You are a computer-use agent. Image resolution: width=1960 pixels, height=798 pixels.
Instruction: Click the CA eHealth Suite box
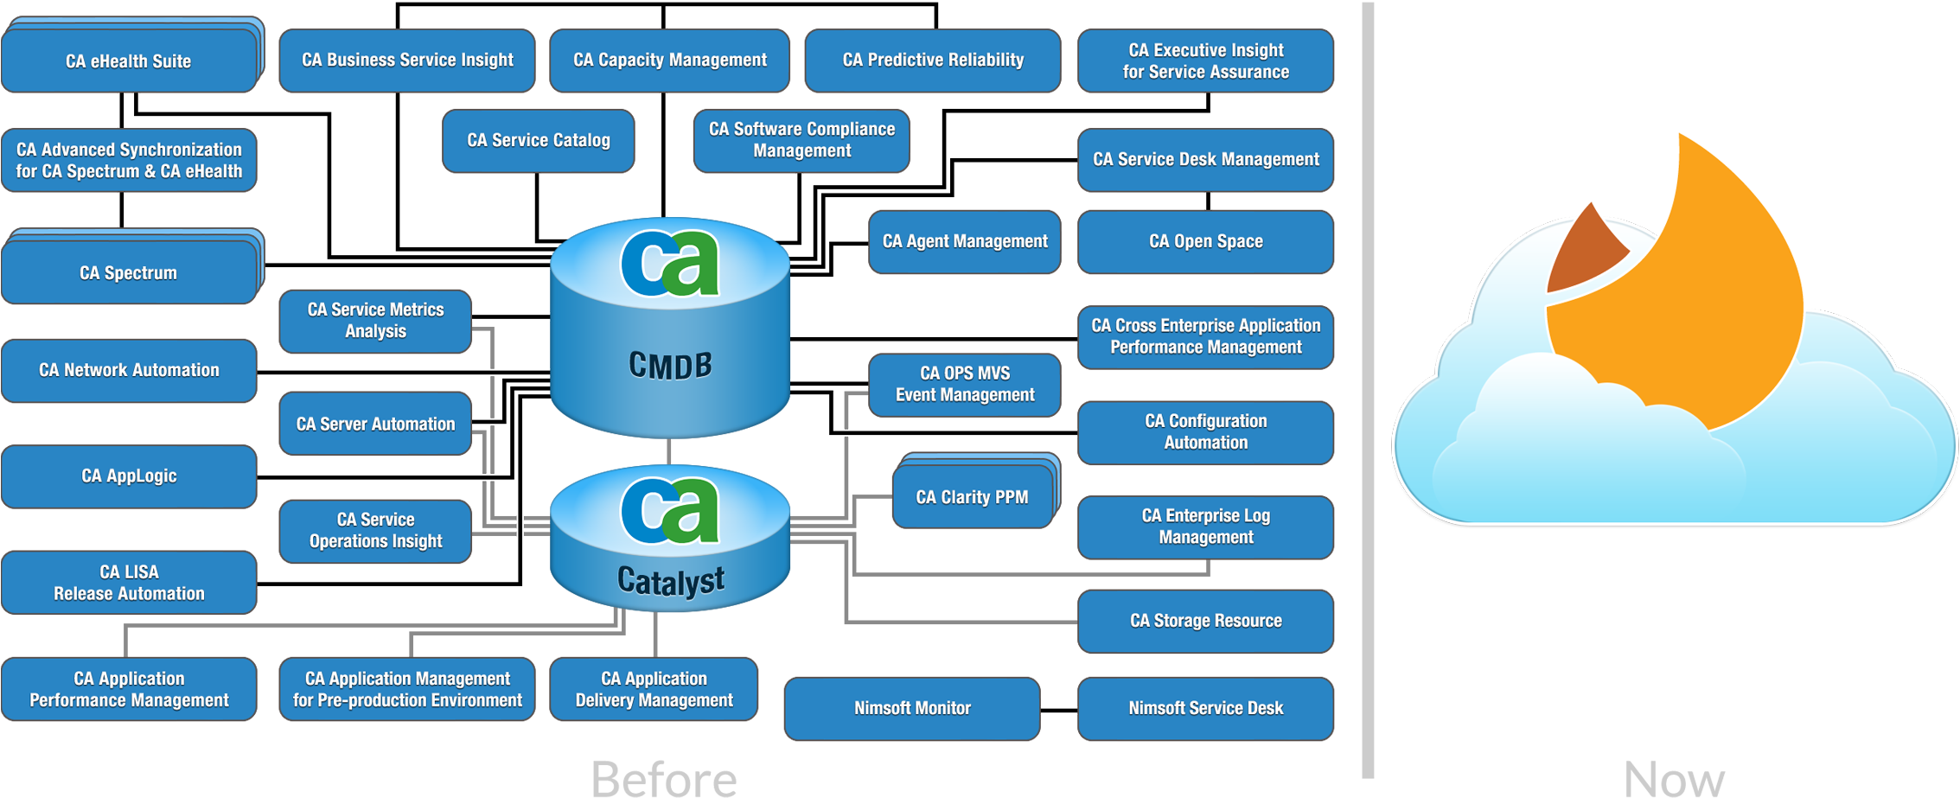click(129, 61)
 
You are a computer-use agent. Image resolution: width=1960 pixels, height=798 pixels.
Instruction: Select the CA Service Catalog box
click(538, 140)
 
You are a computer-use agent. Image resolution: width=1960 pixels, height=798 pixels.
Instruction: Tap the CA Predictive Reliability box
click(932, 60)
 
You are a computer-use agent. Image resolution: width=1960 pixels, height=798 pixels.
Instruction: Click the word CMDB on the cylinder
click(670, 366)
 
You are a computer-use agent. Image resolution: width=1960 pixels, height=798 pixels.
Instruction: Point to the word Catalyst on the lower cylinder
click(670, 581)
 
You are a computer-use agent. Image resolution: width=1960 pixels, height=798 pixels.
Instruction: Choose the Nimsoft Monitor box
click(911, 708)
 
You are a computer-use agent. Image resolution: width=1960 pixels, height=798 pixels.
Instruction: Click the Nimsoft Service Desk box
click(1205, 708)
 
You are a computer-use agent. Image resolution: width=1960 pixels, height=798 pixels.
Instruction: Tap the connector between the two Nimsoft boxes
click(1058, 710)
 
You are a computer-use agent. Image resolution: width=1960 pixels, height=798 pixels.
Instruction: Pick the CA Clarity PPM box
click(972, 497)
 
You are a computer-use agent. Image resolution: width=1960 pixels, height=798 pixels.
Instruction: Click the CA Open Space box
click(1205, 241)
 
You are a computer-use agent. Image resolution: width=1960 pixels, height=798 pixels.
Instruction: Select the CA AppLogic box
click(129, 476)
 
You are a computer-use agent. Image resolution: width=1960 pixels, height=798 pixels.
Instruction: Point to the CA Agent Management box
click(964, 241)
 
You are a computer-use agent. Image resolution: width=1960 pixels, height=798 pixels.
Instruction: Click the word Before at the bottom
click(663, 778)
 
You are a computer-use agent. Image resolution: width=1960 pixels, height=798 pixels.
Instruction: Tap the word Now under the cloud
click(1674, 778)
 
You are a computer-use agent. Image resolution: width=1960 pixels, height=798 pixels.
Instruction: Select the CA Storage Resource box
click(1205, 621)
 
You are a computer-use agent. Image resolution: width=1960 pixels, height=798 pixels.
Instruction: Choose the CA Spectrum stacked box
click(129, 273)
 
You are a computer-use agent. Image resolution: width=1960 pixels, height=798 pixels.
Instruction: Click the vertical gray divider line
click(1367, 389)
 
